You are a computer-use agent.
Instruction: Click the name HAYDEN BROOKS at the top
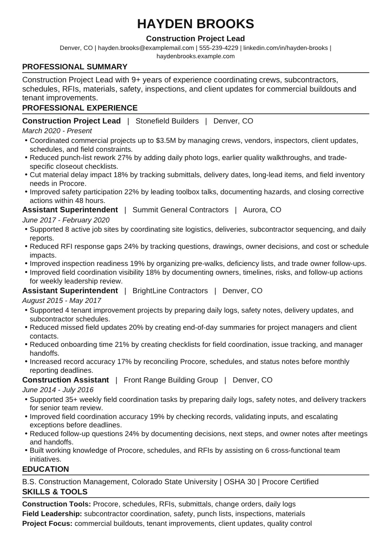tap(196, 24)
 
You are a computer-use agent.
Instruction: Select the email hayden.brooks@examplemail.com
tap(146, 48)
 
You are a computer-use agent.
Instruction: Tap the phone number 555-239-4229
tap(219, 48)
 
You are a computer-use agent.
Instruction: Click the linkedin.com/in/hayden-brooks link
tap(285, 48)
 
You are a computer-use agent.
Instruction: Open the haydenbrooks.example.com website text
tap(196, 56)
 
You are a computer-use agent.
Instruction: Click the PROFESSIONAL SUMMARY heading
tap(74, 67)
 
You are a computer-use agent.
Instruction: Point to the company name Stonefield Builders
tap(167, 121)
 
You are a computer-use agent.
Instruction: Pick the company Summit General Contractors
tap(180, 210)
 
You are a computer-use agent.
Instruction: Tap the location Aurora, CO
tap(262, 210)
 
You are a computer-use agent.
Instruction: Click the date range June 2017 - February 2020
tap(66, 220)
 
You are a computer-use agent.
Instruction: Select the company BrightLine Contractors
tap(170, 291)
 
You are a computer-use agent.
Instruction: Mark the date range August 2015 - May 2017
tap(61, 301)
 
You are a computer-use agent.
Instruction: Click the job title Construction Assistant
tap(66, 380)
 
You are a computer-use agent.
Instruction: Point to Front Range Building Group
tap(171, 380)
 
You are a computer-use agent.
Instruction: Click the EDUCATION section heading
tap(45, 469)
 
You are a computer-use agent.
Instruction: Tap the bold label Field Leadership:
tap(52, 514)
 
